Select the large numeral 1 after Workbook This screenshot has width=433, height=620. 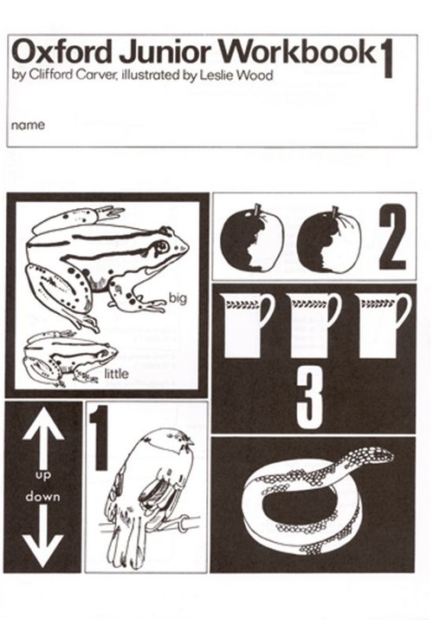point(387,62)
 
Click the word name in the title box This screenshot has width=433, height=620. point(28,126)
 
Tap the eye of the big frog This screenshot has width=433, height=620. point(162,247)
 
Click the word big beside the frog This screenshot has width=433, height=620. point(178,298)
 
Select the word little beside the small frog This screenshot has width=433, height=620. point(116,373)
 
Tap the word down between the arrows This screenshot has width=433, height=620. point(42,496)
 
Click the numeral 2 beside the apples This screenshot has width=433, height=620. point(392,238)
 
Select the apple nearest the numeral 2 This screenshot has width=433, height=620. point(328,239)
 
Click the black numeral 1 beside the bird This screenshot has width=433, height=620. point(99,438)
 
